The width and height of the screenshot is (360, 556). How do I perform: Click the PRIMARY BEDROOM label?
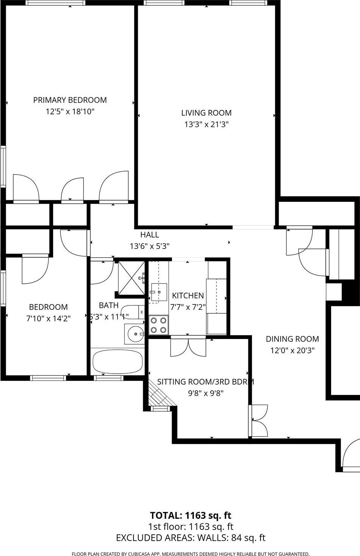click(70, 100)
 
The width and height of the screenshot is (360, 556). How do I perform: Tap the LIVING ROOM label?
click(206, 112)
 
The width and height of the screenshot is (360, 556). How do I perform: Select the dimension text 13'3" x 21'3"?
click(206, 124)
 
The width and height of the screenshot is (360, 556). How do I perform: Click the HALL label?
click(150, 234)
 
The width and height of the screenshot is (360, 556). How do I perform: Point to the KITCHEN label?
click(188, 295)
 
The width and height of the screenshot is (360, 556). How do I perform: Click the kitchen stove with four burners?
click(159, 325)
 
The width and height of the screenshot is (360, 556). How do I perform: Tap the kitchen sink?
click(159, 292)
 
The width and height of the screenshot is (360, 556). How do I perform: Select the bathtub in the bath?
click(117, 362)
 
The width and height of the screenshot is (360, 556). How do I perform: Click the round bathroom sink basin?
click(135, 334)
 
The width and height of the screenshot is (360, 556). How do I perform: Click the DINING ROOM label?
click(292, 339)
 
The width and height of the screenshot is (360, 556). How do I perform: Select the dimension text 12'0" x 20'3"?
click(292, 350)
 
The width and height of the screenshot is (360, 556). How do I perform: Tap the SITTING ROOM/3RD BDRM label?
click(205, 382)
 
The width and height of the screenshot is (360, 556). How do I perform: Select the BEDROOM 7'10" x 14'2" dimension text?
click(48, 318)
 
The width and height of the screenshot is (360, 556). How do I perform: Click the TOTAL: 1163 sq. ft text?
click(191, 515)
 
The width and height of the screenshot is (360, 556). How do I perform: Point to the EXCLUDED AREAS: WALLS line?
click(191, 538)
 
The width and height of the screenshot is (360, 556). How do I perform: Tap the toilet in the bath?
click(135, 311)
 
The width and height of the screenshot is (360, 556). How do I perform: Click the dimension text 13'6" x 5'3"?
click(150, 246)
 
